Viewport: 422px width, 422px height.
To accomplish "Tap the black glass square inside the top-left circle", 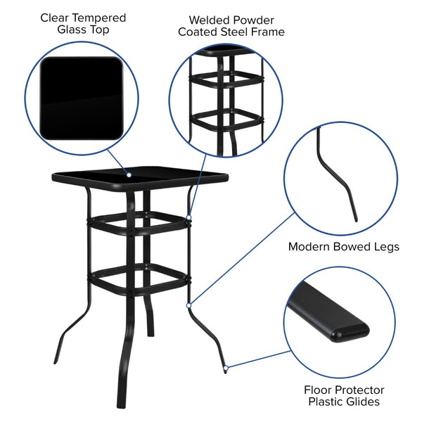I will coord(81,98).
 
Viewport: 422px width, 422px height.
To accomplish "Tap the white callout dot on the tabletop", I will coord(129,174).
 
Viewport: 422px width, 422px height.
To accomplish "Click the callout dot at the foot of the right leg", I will coord(226,367).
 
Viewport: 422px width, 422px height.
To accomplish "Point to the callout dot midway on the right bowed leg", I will coord(189,305).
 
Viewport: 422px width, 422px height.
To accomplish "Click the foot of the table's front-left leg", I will coord(121,404).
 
